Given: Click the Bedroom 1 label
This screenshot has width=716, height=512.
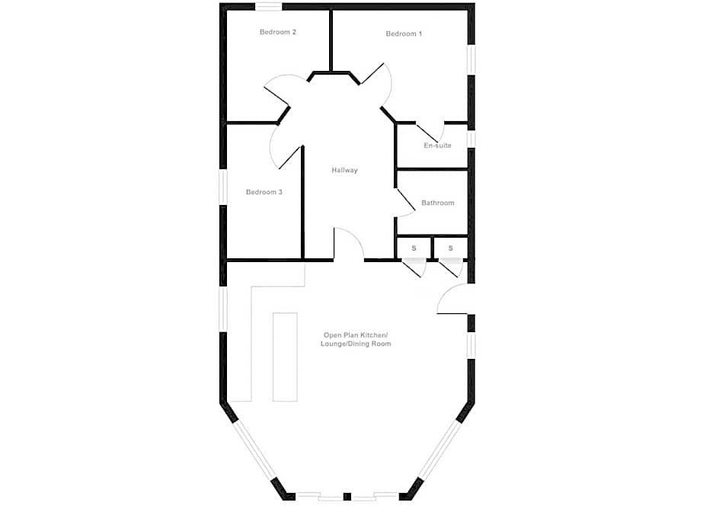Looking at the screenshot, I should (x=404, y=34).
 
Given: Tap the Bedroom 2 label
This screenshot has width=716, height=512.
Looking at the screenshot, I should (x=278, y=32).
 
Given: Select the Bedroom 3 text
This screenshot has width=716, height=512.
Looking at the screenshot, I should (x=264, y=193).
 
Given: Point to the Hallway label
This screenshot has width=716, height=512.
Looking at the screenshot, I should (x=344, y=171).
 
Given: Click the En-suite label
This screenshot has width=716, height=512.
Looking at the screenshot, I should (x=437, y=146).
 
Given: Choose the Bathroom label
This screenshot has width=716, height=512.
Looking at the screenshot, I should (x=438, y=203).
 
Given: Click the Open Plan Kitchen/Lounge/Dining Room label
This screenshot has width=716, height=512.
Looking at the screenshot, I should (x=356, y=340).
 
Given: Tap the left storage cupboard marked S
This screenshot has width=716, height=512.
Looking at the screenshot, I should (x=414, y=248).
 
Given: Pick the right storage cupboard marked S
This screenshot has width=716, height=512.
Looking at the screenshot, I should (x=451, y=248).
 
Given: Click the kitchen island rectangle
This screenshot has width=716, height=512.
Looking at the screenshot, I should (x=285, y=356).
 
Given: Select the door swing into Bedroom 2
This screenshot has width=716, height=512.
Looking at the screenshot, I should (x=280, y=88).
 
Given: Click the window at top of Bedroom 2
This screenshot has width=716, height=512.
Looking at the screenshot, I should (x=269, y=7).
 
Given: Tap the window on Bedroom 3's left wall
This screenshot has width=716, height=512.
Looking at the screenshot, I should (x=224, y=187).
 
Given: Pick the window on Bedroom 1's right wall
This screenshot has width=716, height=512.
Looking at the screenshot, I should (x=471, y=59).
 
